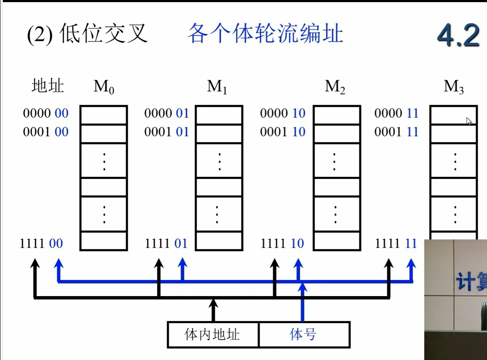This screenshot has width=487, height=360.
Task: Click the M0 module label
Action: coord(104,87)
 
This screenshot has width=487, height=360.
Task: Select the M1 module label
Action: coord(217,87)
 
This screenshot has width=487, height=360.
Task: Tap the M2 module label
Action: coord(335,87)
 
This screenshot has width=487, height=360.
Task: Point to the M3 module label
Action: coord(454,87)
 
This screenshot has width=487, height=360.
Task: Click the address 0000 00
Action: coord(46,113)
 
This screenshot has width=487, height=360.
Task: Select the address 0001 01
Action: coord(166,132)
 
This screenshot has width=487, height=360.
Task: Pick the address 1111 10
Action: coord(282,243)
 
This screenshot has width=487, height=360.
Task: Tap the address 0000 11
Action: coord(396,113)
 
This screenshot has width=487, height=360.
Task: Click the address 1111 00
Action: coord(41,243)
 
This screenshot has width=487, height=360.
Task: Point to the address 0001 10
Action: coord(283,132)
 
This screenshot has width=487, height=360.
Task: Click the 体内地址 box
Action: coord(213,334)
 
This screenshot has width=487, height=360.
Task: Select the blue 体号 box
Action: coord(303,334)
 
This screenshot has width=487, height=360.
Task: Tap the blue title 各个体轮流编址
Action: coord(265,34)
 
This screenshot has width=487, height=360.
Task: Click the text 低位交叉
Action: coord(103,34)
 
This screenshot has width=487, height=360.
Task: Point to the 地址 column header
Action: coord(48,86)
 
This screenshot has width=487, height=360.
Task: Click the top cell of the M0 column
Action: coord(104,115)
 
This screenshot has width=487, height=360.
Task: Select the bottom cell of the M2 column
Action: coord(337,241)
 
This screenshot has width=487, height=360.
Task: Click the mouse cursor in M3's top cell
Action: coord(469,121)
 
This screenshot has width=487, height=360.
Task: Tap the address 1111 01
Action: coord(166,243)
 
